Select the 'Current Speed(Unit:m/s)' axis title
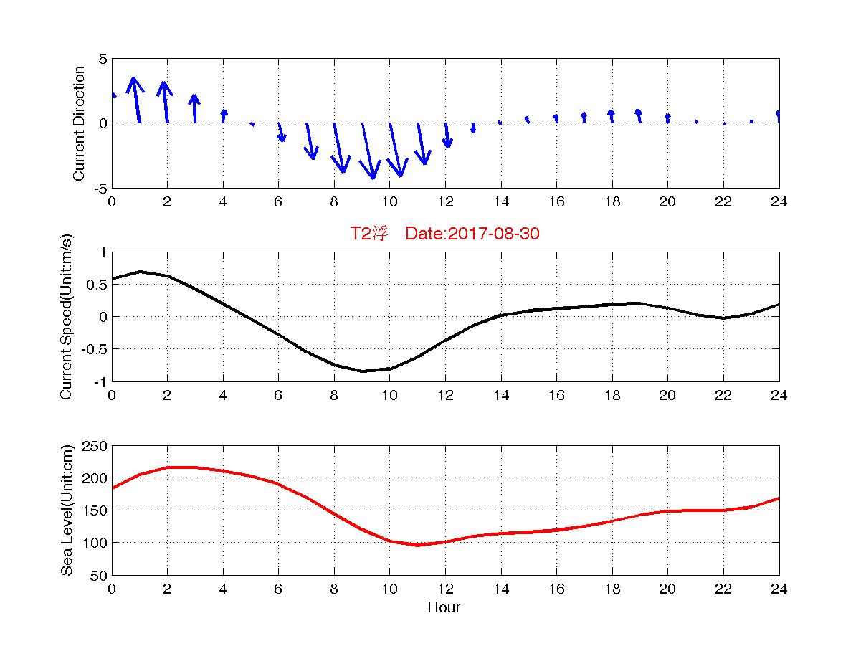click(67, 317)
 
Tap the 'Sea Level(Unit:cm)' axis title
click(67, 510)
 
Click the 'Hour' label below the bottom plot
click(444, 608)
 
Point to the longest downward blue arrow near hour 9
click(368, 151)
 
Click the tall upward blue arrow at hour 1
click(135, 100)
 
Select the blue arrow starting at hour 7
click(310, 141)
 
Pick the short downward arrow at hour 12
click(447, 136)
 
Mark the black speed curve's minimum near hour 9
click(362, 371)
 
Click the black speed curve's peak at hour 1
click(140, 272)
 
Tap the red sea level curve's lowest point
click(417, 545)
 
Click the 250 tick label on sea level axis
click(96, 446)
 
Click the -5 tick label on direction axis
click(99, 188)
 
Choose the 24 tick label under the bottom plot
click(779, 589)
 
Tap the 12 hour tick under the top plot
click(444, 202)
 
